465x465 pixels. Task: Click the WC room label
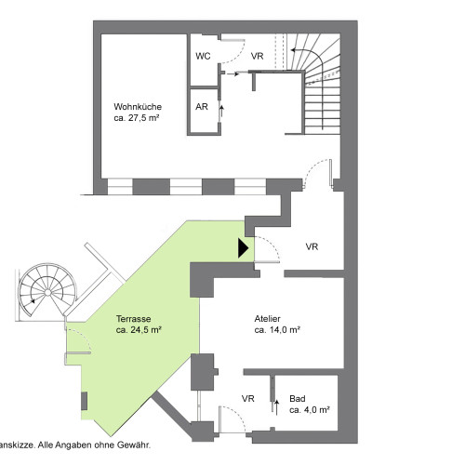pyautogui.click(x=203, y=56)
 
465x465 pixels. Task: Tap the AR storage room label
pyautogui.click(x=202, y=107)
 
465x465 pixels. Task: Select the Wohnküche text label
pyautogui.click(x=138, y=107)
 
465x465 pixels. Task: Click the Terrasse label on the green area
pyautogui.click(x=134, y=319)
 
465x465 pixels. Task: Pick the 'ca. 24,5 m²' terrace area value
pyautogui.click(x=139, y=330)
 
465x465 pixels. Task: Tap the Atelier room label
pyautogui.click(x=267, y=319)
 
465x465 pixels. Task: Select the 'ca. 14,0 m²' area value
pyautogui.click(x=277, y=330)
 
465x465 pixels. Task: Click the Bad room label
pyautogui.click(x=298, y=399)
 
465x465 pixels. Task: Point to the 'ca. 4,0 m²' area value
pyautogui.click(x=310, y=410)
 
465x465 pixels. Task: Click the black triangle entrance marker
pyautogui.click(x=243, y=248)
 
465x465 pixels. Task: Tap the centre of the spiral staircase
pyautogui.click(x=47, y=292)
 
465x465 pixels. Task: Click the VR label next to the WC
pyautogui.click(x=257, y=56)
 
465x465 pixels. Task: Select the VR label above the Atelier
pyautogui.click(x=312, y=246)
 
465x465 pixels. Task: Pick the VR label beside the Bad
pyautogui.click(x=248, y=399)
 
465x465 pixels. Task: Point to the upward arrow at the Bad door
pyautogui.click(x=276, y=407)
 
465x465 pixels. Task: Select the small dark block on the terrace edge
pyautogui.click(x=84, y=401)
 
